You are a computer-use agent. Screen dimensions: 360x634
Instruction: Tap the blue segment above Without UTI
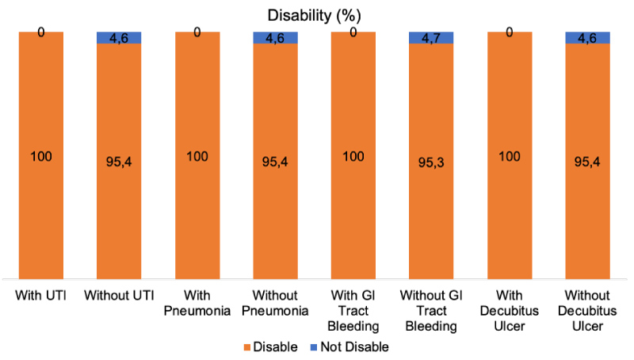click(119, 37)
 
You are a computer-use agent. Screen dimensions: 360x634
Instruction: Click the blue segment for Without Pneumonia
click(275, 37)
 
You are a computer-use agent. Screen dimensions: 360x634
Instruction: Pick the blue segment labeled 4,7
click(431, 37)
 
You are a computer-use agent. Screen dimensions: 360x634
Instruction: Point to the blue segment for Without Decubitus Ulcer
click(587, 37)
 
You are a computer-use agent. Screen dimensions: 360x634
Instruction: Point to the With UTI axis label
click(41, 296)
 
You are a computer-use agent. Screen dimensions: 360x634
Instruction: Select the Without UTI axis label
click(119, 296)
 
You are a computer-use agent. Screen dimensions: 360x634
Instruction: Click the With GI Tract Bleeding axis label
click(353, 311)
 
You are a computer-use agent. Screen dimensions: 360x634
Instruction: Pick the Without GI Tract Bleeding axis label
click(432, 311)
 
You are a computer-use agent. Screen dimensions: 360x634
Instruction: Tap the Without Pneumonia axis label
click(275, 303)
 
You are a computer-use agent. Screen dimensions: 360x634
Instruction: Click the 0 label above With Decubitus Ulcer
click(510, 33)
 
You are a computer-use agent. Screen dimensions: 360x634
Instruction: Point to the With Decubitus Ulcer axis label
click(510, 311)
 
